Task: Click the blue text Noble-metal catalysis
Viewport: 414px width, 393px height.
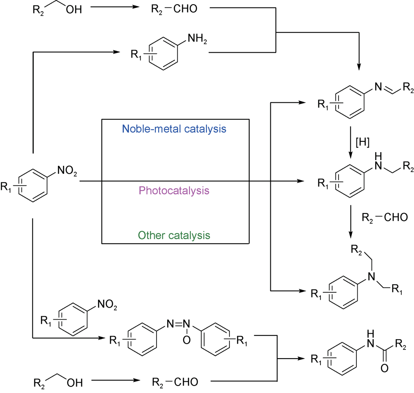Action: (x=174, y=129)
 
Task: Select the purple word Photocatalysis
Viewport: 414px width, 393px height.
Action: (x=174, y=191)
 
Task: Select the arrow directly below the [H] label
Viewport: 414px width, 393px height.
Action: (x=351, y=150)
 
